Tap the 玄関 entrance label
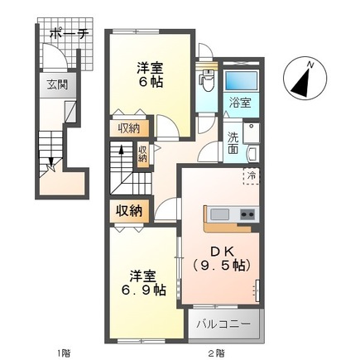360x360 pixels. click(55, 84)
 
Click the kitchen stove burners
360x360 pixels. click(247, 215)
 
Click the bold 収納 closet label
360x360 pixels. click(129, 210)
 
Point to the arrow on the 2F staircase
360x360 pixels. click(122, 151)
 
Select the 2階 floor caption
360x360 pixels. click(216, 353)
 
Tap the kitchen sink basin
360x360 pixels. click(219, 215)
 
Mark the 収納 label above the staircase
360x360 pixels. click(128, 127)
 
